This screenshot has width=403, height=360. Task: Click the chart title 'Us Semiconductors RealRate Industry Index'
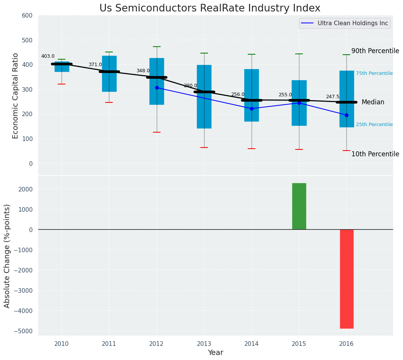[x=210, y=8]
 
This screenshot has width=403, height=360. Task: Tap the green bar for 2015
[x=299, y=206]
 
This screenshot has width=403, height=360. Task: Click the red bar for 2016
[x=346, y=279]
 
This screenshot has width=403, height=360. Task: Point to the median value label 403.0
[x=48, y=56]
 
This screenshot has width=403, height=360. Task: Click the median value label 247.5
[x=333, y=97]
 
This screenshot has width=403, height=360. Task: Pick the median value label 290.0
[x=190, y=86]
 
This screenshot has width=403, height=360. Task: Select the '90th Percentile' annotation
[x=375, y=51]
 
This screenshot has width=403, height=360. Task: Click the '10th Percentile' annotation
[x=375, y=154]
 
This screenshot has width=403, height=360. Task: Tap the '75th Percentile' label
[x=374, y=73]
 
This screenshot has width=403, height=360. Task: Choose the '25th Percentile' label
[x=374, y=125]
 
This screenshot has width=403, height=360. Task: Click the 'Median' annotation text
[x=373, y=102]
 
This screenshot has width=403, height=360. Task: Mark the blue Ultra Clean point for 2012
[x=157, y=88]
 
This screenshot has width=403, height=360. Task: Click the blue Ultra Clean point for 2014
[x=252, y=109]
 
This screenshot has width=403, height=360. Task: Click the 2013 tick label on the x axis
[x=204, y=344]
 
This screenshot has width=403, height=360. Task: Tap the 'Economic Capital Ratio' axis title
[x=16, y=96]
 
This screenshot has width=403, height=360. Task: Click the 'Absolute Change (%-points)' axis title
[x=7, y=256]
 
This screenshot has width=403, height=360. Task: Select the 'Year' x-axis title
[x=215, y=353]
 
